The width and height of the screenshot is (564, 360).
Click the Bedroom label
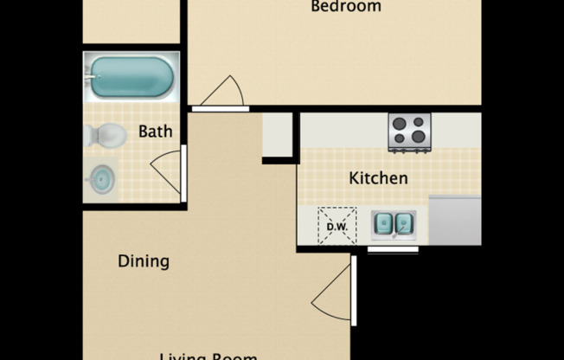[345, 7]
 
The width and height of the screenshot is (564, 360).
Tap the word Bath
[155, 132]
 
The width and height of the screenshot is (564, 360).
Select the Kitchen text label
[378, 178]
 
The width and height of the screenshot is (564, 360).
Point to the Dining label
[143, 260]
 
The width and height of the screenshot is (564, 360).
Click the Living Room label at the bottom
[208, 355]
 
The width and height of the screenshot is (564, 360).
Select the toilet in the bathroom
[105, 135]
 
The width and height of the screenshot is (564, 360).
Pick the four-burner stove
[409, 132]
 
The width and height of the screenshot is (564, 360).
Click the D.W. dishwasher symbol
[336, 225]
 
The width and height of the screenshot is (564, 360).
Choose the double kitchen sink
[394, 224]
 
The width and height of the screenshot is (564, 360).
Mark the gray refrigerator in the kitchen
[455, 221]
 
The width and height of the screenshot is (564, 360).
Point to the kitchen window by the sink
[393, 249]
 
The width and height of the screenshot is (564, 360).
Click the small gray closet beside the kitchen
[279, 135]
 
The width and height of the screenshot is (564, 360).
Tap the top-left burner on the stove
[400, 123]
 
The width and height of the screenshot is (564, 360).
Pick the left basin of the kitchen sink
[384, 224]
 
